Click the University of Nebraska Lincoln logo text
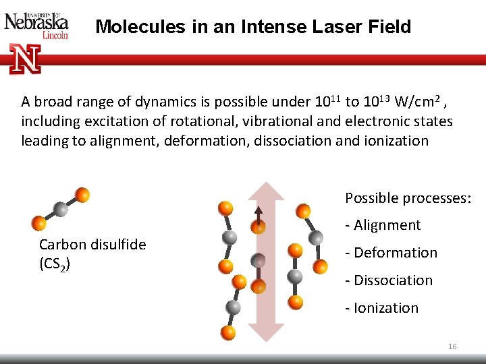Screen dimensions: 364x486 (36, 25)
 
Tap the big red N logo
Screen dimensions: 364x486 (26, 59)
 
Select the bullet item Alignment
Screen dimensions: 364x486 (383, 225)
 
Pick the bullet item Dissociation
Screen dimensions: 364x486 (389, 280)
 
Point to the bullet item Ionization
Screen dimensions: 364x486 (382, 308)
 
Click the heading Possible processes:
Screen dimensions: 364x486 (408, 198)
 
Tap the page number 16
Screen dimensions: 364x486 (452, 346)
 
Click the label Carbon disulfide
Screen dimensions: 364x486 (92, 244)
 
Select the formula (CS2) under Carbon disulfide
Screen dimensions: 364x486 (55, 262)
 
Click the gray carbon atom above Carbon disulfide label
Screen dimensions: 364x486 (61, 209)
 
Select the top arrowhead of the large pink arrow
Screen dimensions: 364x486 (265, 192)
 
